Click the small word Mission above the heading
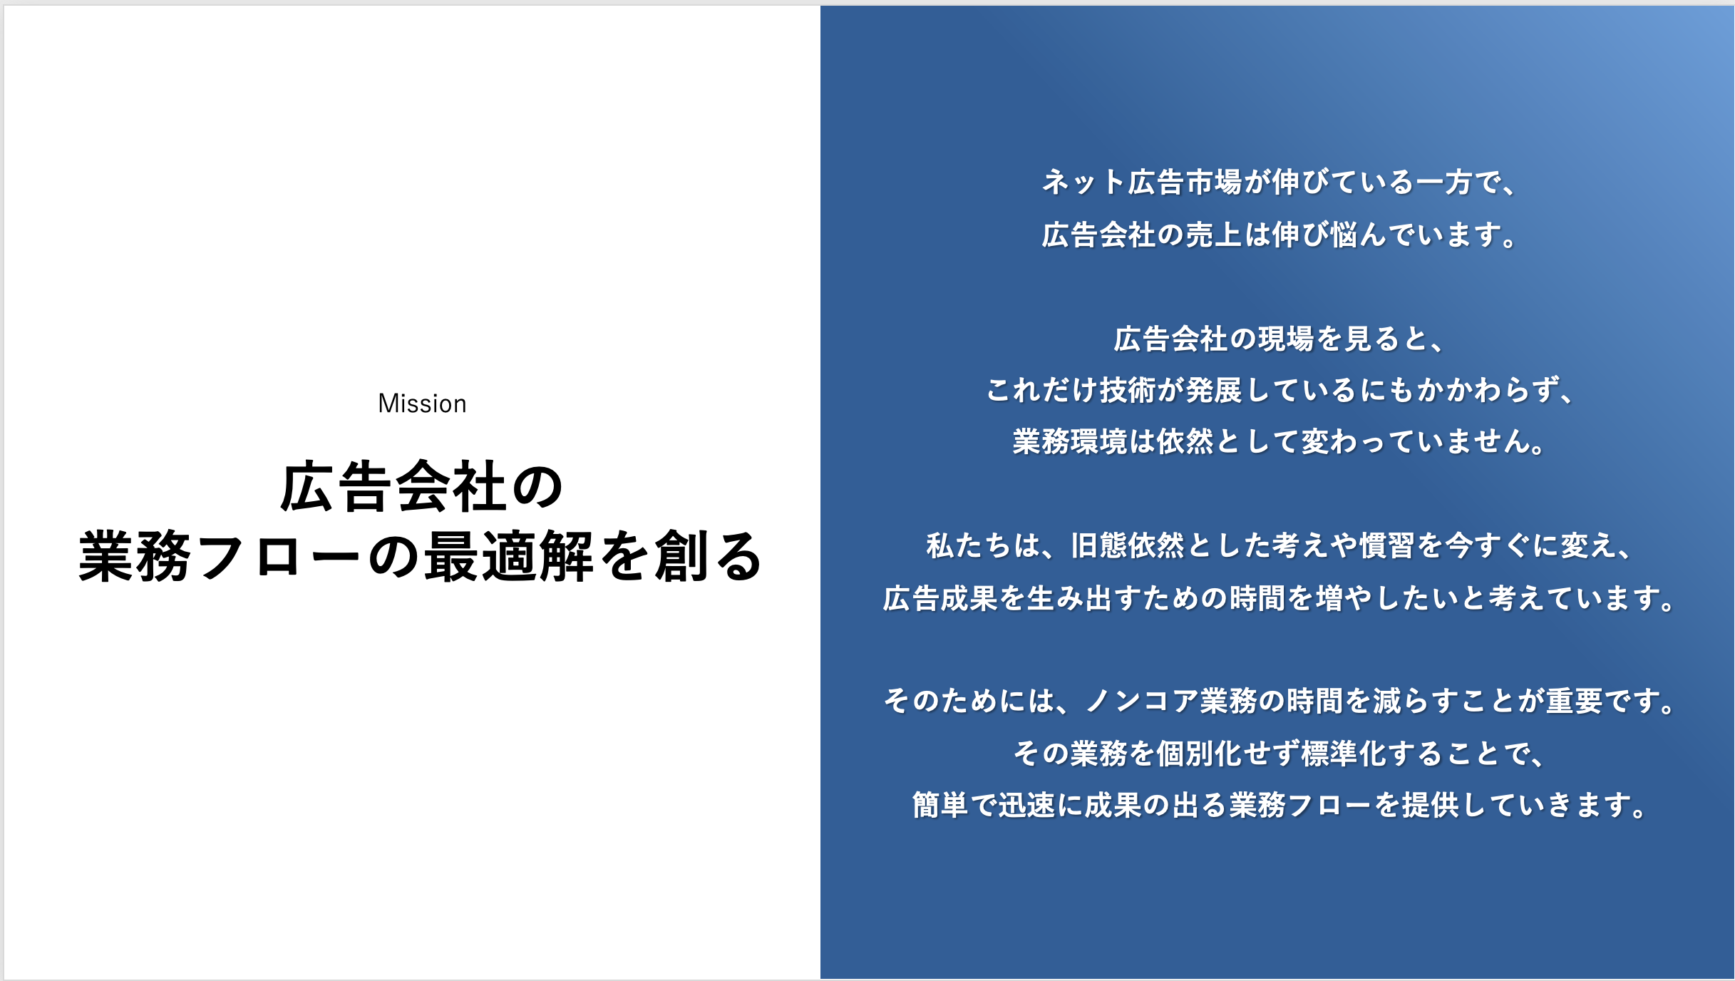[x=422, y=404]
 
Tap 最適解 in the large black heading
[x=509, y=557]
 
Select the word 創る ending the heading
[x=709, y=557]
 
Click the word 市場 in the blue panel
[x=1214, y=183]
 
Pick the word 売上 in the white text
[x=1214, y=235]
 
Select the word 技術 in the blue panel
[x=1128, y=390]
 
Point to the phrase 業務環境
[x=1070, y=441]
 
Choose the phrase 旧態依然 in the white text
[x=1128, y=546]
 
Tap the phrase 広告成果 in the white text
[x=940, y=598]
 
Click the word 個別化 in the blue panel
[x=1200, y=754]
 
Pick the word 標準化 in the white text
[x=1344, y=754]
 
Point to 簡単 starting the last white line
[x=940, y=806]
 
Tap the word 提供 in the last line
[x=1430, y=806]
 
